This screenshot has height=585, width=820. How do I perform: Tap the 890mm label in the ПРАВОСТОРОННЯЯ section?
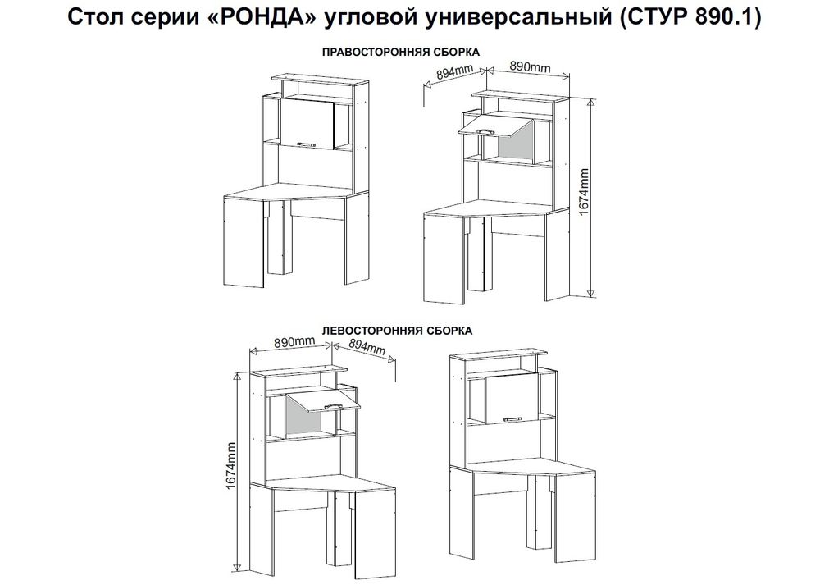529,67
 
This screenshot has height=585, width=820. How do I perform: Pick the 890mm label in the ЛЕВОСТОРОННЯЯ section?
295,342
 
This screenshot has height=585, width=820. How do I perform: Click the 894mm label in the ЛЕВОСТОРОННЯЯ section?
367,348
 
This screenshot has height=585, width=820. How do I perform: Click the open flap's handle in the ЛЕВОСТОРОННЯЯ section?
334,405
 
